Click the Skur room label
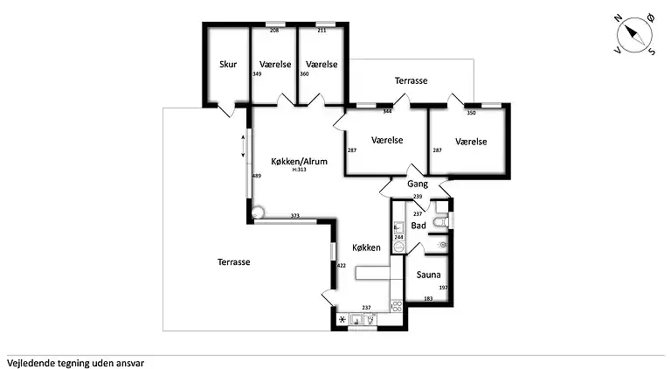point(228,64)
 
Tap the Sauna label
point(428,275)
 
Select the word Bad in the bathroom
point(419,226)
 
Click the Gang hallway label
point(418,184)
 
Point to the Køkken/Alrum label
point(299,162)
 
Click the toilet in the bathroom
point(440,222)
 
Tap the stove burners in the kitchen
point(397,306)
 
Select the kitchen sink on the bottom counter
point(356,319)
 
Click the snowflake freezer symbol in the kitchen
point(342,319)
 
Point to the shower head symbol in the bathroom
point(442,245)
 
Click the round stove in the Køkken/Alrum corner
point(258,212)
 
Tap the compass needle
point(633,35)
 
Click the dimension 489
point(256,176)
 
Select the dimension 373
point(294,216)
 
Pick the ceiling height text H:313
point(299,170)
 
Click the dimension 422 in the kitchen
point(341,266)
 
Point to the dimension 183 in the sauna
point(428,299)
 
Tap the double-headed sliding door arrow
point(243,146)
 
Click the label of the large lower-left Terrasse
point(233,262)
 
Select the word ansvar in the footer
point(130,364)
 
